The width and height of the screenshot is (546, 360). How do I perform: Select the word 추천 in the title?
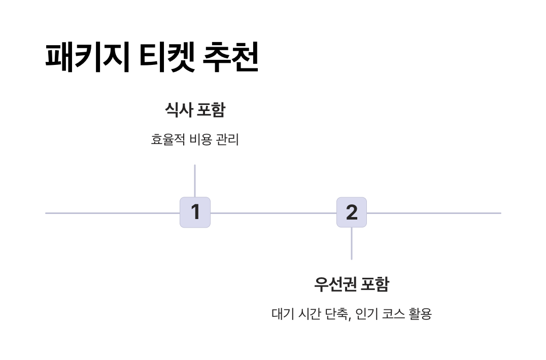click(x=231, y=57)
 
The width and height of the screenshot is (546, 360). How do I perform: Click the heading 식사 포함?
click(x=195, y=110)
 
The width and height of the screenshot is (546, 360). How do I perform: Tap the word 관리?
click(x=227, y=140)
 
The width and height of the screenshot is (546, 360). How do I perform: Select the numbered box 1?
click(x=195, y=212)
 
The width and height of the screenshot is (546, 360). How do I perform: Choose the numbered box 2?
click(x=352, y=212)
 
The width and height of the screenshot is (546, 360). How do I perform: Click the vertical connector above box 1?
click(x=195, y=181)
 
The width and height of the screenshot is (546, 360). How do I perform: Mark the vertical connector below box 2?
click(x=352, y=244)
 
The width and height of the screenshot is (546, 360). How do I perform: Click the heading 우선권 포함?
click(x=352, y=284)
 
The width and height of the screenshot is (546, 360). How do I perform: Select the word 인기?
click(x=366, y=314)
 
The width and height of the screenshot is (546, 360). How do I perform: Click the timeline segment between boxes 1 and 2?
click(x=273, y=213)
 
